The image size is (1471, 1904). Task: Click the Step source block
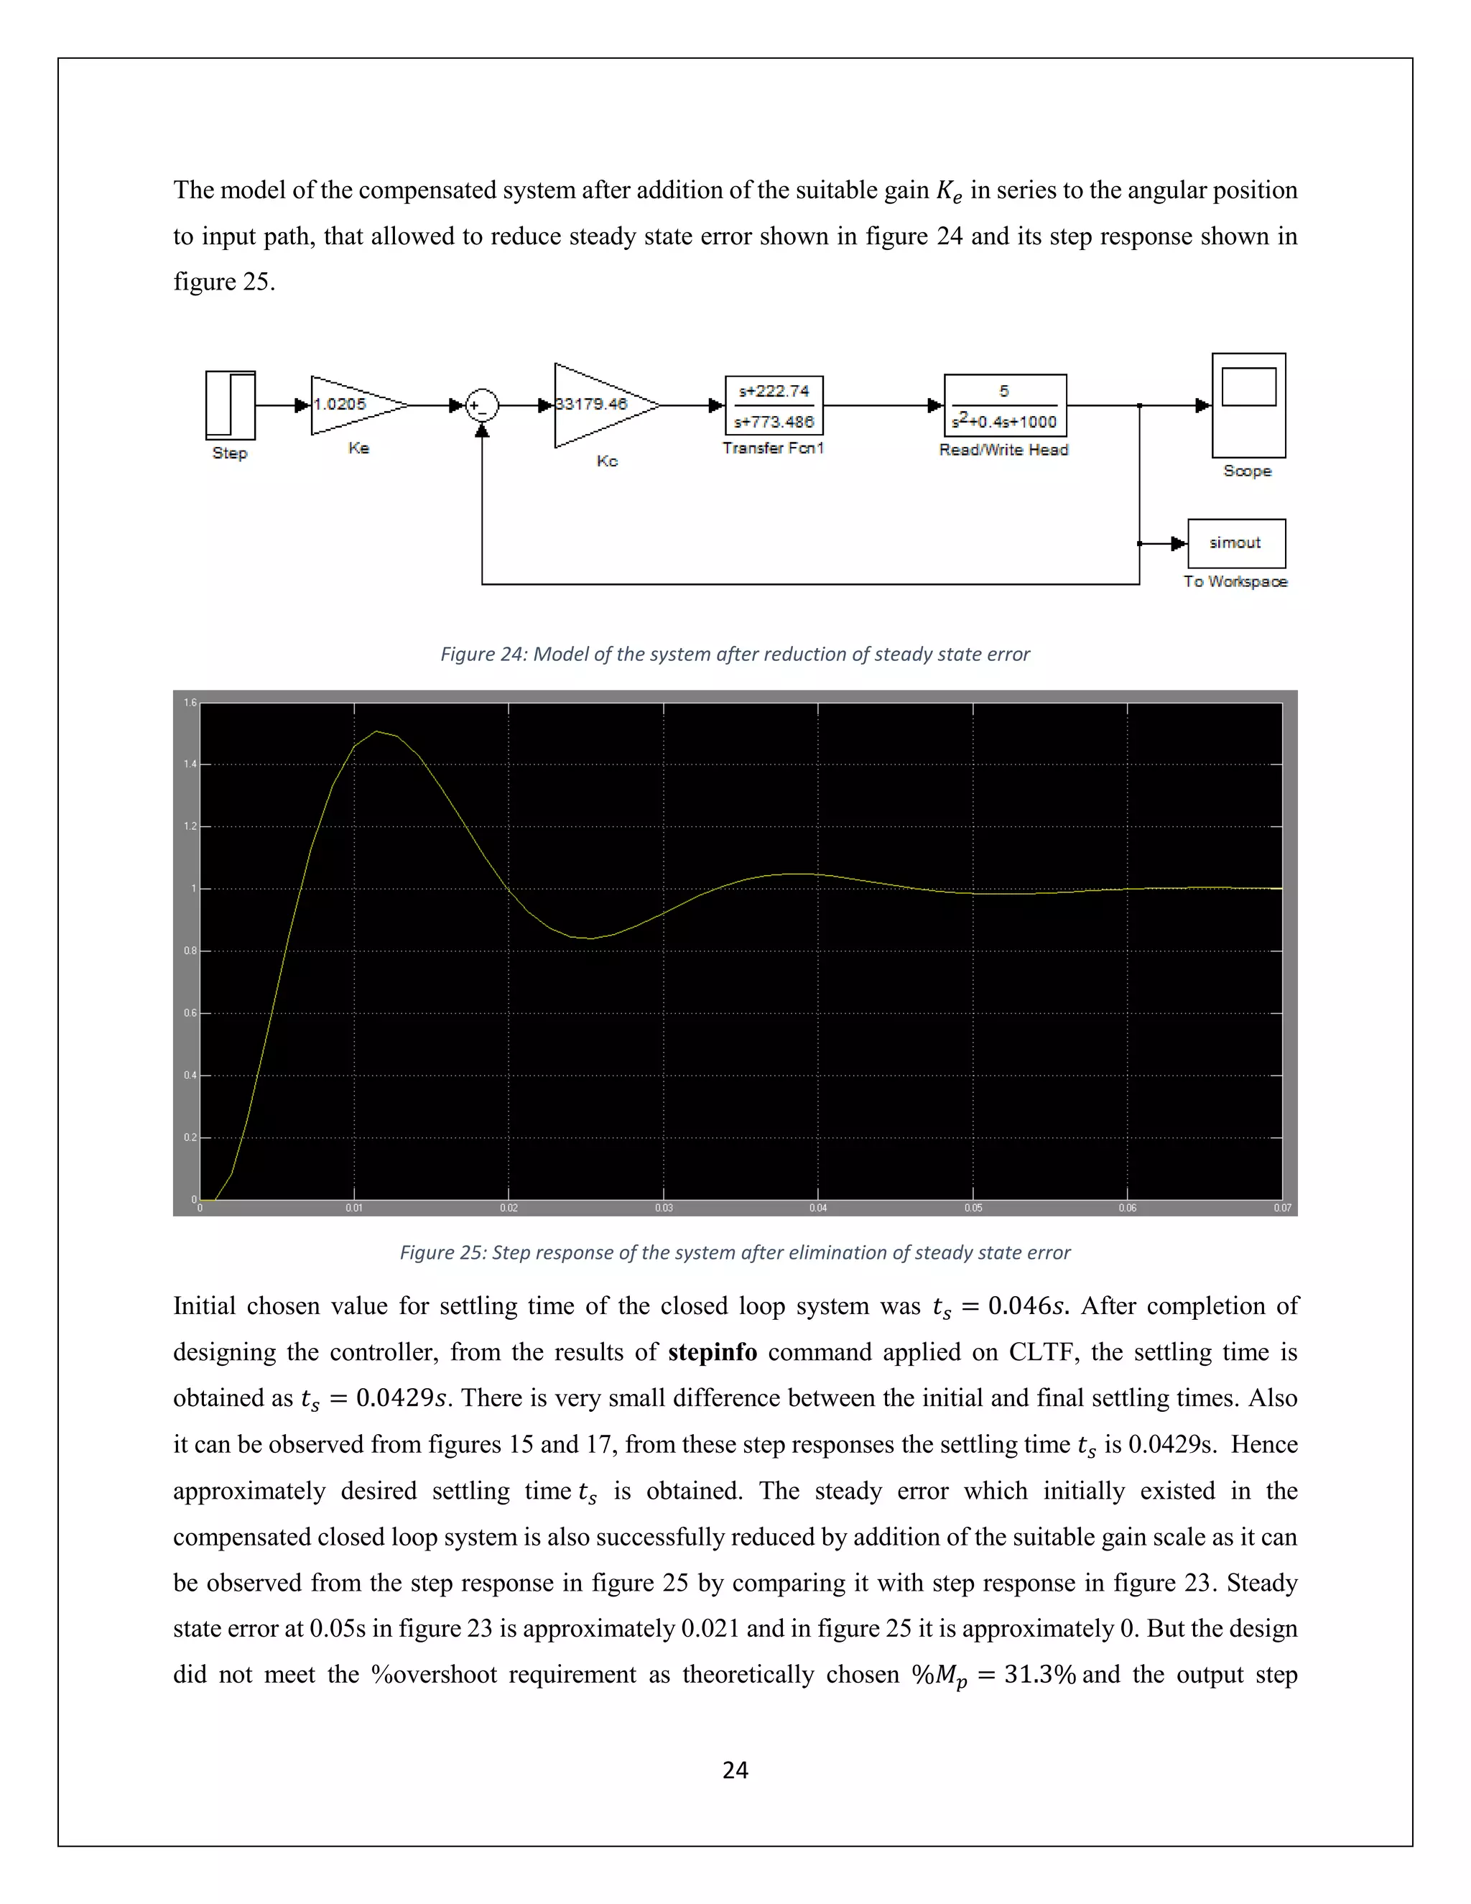[x=230, y=405]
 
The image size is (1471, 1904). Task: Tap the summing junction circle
[x=481, y=405]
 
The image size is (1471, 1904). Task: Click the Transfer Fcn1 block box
[x=774, y=405]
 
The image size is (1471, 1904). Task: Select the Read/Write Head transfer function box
[x=1005, y=405]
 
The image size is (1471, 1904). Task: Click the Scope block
[x=1248, y=405]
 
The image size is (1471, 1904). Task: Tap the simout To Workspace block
[x=1235, y=543]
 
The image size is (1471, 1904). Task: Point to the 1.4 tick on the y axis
[x=190, y=764]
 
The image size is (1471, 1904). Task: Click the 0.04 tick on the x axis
[x=817, y=1208]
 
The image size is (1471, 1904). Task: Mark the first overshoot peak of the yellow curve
[x=376, y=731]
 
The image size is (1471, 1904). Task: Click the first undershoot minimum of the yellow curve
[x=591, y=938]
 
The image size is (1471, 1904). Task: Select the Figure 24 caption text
[x=735, y=654]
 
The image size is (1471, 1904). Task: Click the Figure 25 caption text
[x=735, y=1253]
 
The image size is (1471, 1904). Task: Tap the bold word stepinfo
[x=712, y=1352]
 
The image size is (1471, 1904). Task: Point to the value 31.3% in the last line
[x=1039, y=1675]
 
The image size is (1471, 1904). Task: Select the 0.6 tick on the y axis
[x=190, y=1013]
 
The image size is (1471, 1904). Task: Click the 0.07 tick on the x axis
[x=1282, y=1208]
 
